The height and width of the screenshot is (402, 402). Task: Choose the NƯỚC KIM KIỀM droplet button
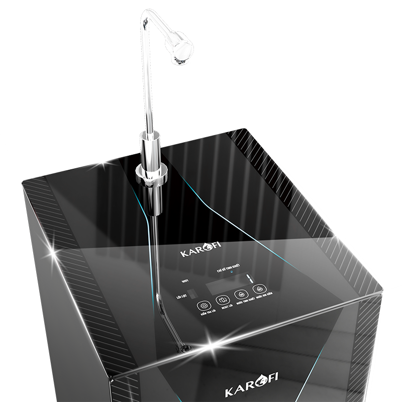259,289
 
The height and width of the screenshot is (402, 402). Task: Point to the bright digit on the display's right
248,278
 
